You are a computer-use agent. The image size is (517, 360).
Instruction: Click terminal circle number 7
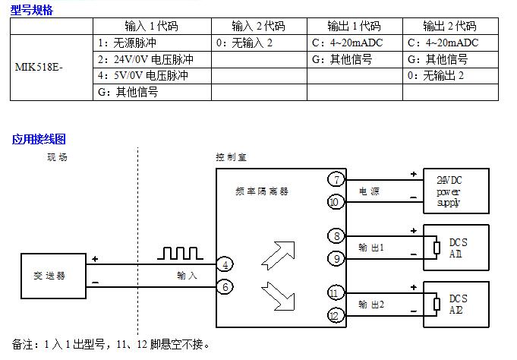point(336,180)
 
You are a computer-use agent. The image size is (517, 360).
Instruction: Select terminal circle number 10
point(336,201)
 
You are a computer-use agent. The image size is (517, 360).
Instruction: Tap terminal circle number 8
point(336,236)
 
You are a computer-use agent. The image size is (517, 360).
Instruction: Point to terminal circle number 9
point(336,258)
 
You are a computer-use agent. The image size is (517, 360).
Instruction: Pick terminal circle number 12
point(336,314)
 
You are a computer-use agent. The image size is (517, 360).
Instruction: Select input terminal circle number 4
point(225,264)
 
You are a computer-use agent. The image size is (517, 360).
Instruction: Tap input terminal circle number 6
point(225,286)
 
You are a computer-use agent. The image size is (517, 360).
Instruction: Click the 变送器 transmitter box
point(53,275)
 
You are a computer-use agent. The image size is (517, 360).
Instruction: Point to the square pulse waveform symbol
point(180,253)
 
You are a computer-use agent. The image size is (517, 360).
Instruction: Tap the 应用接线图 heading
point(39,139)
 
